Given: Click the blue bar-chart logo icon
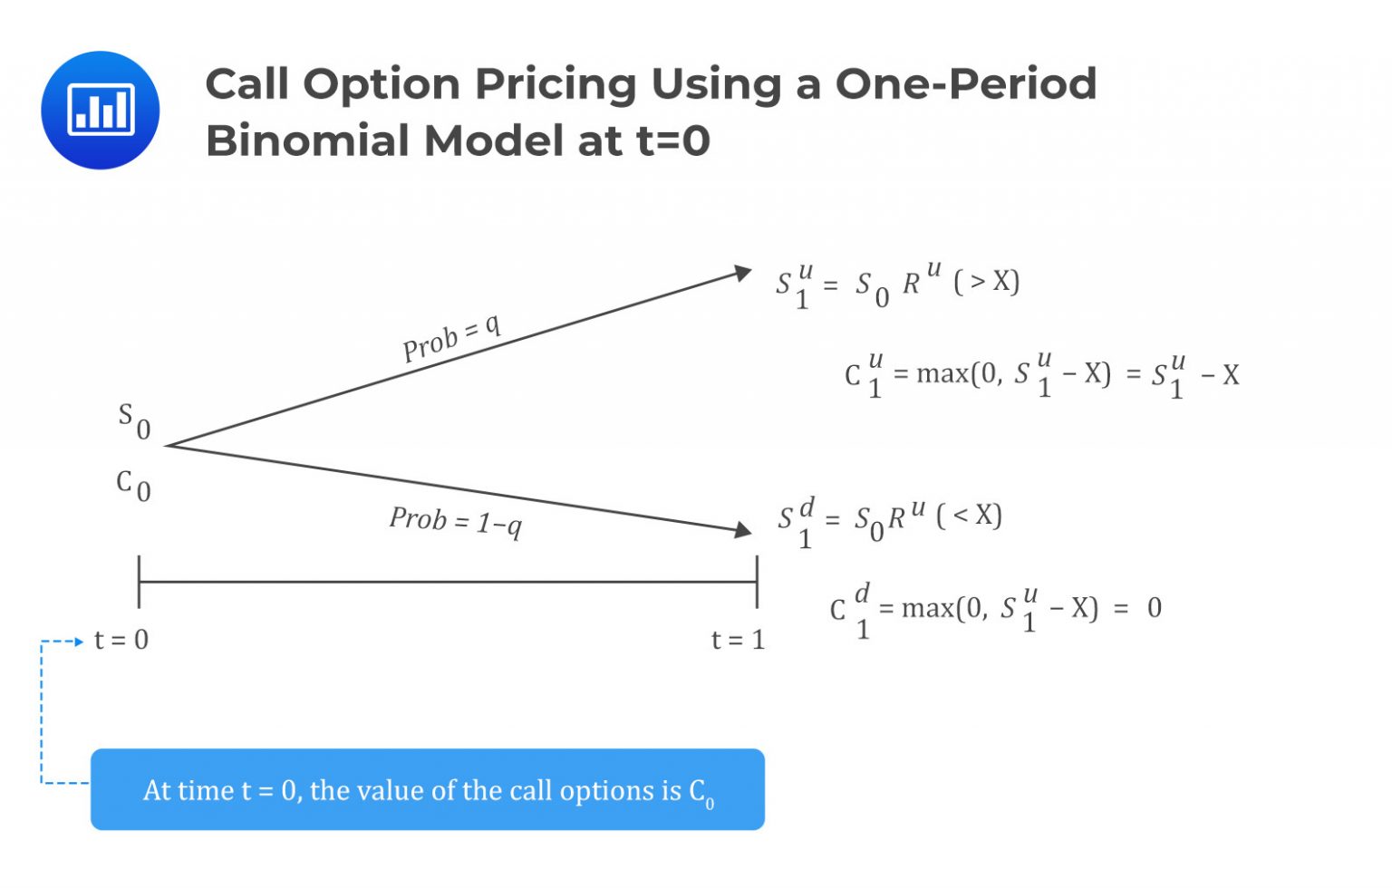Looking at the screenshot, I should pyautogui.click(x=101, y=110).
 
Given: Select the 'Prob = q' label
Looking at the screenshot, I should pyautogui.click(x=451, y=338).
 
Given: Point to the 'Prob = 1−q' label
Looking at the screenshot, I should pyautogui.click(x=455, y=521).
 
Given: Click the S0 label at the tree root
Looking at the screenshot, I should pyautogui.click(x=134, y=420).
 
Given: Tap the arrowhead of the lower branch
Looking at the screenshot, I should pyautogui.click(x=743, y=529).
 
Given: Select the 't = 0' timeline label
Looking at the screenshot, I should pyautogui.click(x=121, y=640).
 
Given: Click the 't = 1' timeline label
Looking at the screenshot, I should pyautogui.click(x=738, y=640).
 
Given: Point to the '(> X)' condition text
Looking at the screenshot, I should pyautogui.click(x=986, y=282).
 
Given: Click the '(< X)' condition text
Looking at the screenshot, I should pyautogui.click(x=969, y=516).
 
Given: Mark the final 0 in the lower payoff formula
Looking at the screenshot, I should pyautogui.click(x=1154, y=607).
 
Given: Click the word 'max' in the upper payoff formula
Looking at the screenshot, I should pyautogui.click(x=942, y=373).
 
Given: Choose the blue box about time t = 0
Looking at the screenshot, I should pyautogui.click(x=427, y=789).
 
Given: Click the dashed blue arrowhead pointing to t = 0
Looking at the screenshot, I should pyautogui.click(x=79, y=642).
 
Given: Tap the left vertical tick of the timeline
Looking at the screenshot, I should pyautogui.click(x=139, y=582).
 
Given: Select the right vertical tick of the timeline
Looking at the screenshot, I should pyautogui.click(x=757, y=582).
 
